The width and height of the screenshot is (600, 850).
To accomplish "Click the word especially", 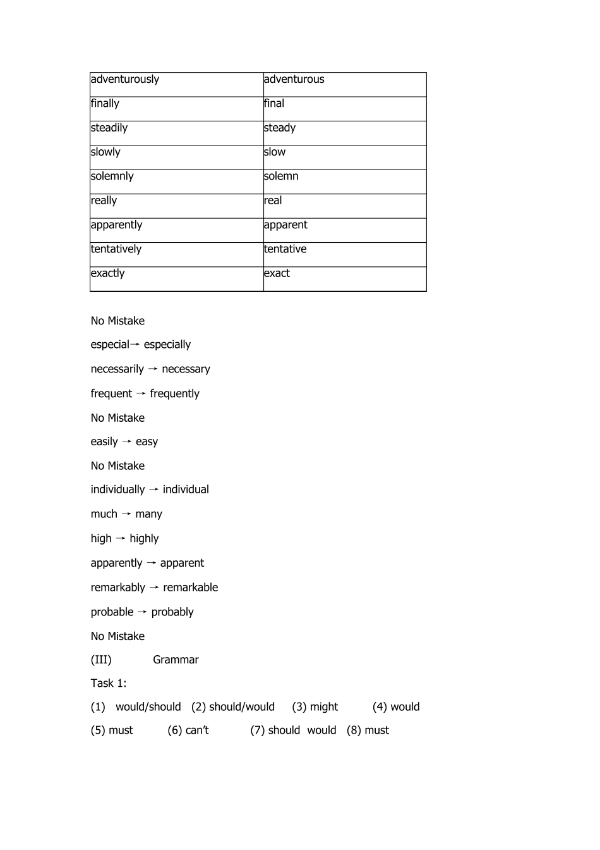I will pos(167,345).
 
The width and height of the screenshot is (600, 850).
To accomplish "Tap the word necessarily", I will pos(117,369).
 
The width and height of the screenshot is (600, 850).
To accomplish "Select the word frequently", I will pos(174,394).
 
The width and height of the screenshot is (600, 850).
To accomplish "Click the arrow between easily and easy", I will pos(127,441).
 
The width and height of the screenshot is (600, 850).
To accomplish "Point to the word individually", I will pos(117,490).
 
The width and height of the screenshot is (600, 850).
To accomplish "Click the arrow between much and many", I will pos(126,514).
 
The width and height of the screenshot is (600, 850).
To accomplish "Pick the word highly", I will pos(144,539).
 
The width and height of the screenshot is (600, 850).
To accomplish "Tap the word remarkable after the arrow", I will pos(190,588).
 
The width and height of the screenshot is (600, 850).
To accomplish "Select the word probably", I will pos(172,612).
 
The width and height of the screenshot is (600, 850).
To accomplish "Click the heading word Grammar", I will pos(176,660).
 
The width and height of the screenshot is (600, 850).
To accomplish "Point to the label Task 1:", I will pos(109,683).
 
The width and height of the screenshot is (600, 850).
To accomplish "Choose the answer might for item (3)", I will pos(324,707).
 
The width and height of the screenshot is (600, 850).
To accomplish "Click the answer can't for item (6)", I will pos(197,730).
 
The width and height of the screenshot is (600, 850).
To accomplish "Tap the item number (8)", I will pos(354,730).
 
